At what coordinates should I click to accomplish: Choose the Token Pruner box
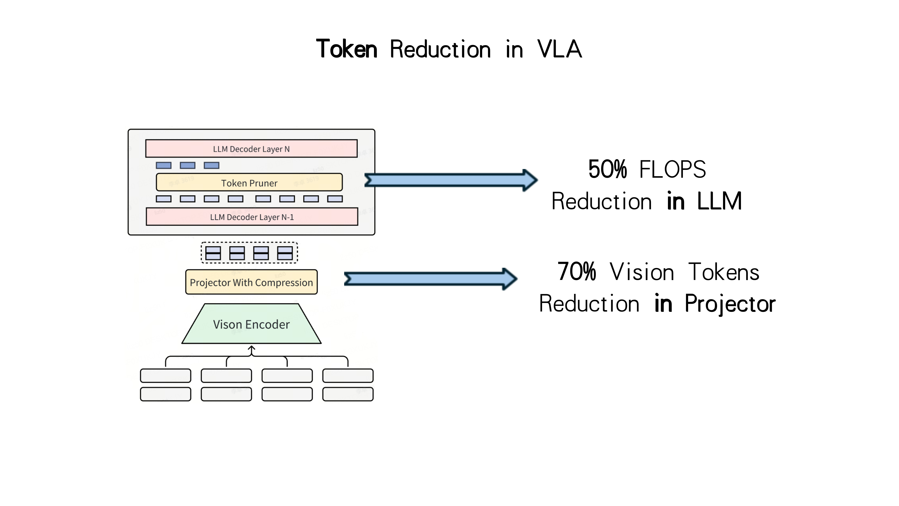[249, 182]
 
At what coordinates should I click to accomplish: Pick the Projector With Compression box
[251, 282]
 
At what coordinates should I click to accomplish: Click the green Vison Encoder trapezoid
[251, 324]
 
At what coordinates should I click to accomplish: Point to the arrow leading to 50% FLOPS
[451, 180]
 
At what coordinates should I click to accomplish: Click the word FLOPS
[672, 169]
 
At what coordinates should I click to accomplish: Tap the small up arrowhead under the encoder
[251, 348]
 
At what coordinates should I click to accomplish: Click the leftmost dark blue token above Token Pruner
[164, 165]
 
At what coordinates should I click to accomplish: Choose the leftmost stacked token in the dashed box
[213, 253]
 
